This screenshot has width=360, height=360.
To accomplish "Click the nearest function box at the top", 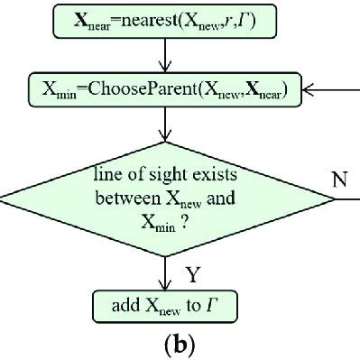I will click(x=165, y=17).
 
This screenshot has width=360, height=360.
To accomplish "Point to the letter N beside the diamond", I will click(x=339, y=179).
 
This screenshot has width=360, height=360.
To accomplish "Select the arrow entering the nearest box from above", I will click(x=165, y=3).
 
